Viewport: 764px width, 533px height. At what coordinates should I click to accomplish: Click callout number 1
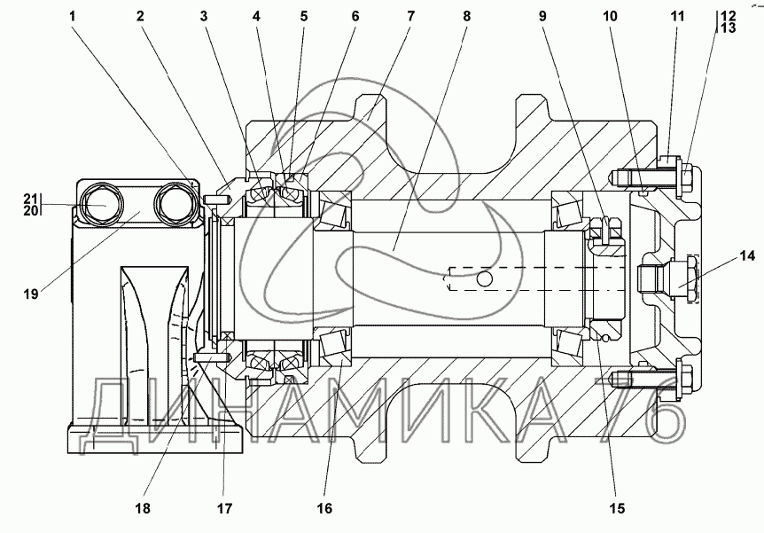pyautogui.click(x=72, y=16)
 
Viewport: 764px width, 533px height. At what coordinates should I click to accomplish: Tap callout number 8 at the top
pyautogui.click(x=467, y=16)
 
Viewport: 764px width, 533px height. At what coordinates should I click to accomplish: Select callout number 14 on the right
pyautogui.click(x=747, y=255)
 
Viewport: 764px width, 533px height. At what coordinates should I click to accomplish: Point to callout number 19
pyautogui.click(x=31, y=294)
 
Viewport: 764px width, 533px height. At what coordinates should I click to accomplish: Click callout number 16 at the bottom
pyautogui.click(x=324, y=509)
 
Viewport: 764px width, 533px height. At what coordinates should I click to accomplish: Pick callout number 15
pyautogui.click(x=616, y=509)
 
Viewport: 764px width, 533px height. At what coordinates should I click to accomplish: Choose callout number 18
pyautogui.click(x=143, y=509)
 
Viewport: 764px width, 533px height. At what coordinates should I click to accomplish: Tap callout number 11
pyautogui.click(x=677, y=16)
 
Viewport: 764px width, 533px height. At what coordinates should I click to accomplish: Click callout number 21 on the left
pyautogui.click(x=31, y=199)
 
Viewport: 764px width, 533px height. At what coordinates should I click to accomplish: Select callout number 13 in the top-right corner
pyautogui.click(x=728, y=27)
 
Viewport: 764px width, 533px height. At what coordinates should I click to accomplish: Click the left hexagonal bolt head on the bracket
pyautogui.click(x=101, y=204)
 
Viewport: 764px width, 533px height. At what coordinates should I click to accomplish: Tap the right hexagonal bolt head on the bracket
pyautogui.click(x=174, y=204)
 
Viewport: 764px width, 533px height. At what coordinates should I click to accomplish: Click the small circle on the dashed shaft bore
pyautogui.click(x=484, y=279)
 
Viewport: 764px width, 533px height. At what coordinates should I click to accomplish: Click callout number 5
pyautogui.click(x=303, y=16)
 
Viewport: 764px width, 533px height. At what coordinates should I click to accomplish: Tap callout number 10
pyautogui.click(x=610, y=16)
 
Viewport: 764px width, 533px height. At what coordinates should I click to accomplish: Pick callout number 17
pyautogui.click(x=224, y=509)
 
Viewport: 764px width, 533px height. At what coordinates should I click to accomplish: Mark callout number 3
pyautogui.click(x=203, y=16)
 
